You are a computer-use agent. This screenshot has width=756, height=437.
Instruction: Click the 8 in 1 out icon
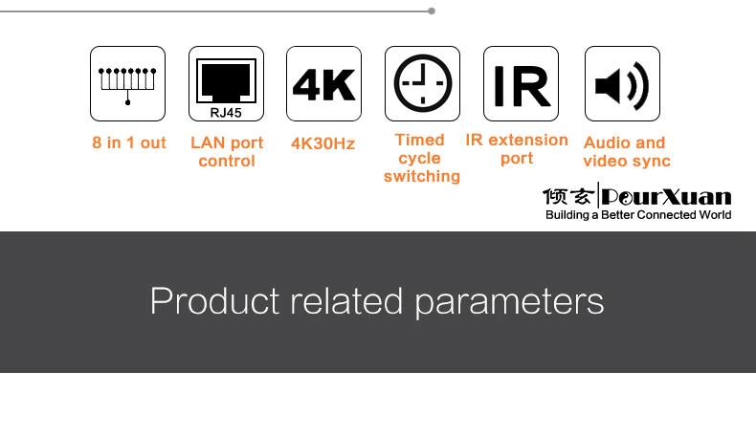coord(127,83)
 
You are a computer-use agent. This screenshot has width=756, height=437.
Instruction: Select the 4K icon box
coord(323,83)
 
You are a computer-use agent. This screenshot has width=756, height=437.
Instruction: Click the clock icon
coord(421,83)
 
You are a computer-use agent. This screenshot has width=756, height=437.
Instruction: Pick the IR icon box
coord(521,83)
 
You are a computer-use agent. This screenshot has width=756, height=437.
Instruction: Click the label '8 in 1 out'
coord(128,143)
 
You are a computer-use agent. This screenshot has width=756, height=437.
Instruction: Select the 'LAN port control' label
coord(227,152)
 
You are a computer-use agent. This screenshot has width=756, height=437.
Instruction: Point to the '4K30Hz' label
coord(322,143)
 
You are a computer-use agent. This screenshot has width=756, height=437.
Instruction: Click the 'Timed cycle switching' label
coord(421,158)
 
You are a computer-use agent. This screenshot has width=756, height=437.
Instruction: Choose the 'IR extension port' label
coord(517,148)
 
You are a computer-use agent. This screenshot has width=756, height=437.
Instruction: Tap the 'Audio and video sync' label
coord(626,152)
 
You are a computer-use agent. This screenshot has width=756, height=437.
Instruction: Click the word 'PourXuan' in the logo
coord(667,197)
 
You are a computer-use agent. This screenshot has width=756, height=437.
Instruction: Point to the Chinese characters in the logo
coord(568,197)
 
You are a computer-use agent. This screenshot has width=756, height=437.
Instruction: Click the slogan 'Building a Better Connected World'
coord(638,215)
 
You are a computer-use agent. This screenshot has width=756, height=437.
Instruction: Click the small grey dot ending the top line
coord(432,11)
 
